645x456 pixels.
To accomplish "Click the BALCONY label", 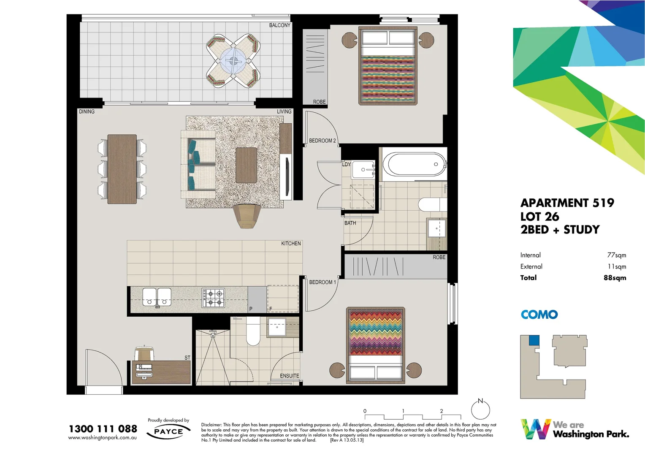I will point(279,25).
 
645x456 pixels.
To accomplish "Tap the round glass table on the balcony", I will point(233,61).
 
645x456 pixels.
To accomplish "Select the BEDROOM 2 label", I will point(322,141).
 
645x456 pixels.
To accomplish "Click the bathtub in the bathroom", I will point(414,164).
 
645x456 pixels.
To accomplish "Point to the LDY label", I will point(346,164).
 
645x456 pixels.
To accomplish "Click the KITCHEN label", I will point(291,244).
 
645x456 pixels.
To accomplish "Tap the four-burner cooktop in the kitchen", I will point(213,298).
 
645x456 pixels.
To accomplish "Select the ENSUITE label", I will point(289,376).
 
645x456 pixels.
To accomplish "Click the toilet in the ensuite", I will point(253,331).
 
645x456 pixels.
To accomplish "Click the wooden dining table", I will point(122,169).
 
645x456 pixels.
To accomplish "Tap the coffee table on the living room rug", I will point(246,165).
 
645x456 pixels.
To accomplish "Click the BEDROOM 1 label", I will point(322,282).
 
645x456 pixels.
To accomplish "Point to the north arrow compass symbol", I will point(480,409).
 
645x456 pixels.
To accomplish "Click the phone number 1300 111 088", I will point(103,429).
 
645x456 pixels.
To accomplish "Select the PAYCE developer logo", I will point(168,432).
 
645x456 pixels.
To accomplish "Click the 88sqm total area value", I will point(615,278).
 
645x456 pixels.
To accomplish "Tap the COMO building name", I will point(539,315).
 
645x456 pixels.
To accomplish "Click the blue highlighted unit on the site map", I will point(534,340).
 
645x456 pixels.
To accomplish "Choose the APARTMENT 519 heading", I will point(567,203).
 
